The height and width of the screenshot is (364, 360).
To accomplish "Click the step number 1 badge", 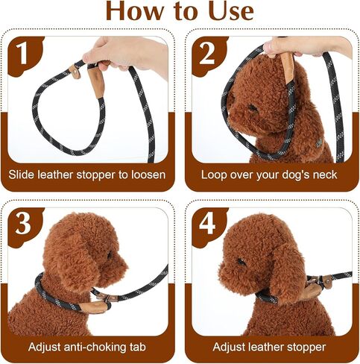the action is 25,56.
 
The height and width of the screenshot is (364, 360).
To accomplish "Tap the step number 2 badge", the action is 208,56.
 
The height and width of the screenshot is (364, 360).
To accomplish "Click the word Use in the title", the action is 231,11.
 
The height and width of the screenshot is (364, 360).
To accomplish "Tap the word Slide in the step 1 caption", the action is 21,175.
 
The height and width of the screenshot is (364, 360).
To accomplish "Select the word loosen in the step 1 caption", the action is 148,175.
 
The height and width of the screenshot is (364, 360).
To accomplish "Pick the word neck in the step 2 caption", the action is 325,175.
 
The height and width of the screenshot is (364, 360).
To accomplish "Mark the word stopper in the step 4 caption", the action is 306,347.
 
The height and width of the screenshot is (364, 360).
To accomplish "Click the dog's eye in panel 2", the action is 252,108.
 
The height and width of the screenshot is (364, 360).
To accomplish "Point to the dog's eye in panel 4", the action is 240,261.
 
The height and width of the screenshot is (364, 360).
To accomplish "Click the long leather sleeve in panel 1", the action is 96,82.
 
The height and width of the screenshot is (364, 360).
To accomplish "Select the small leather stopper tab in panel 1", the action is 75,72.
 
